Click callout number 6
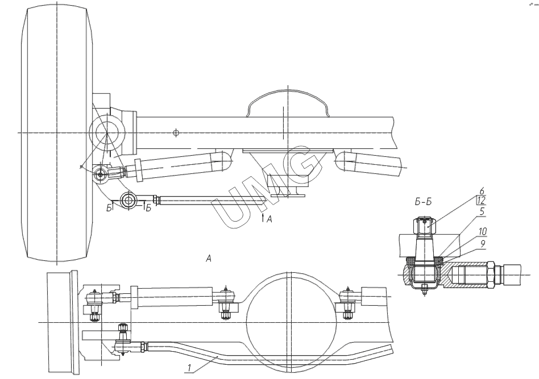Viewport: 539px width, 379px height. [482, 191]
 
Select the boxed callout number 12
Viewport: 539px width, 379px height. [481, 201]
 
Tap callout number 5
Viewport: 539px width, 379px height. [482, 211]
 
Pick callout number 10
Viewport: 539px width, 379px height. [483, 231]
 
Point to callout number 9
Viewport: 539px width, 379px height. [483, 244]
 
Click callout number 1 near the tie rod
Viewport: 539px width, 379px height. [189, 368]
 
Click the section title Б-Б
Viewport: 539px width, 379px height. [423, 202]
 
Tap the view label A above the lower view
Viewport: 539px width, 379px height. [208, 258]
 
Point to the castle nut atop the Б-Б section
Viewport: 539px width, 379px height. [425, 226]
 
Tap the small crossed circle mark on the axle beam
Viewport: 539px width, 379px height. [176, 132]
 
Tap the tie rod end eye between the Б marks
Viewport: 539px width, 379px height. [128, 199]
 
